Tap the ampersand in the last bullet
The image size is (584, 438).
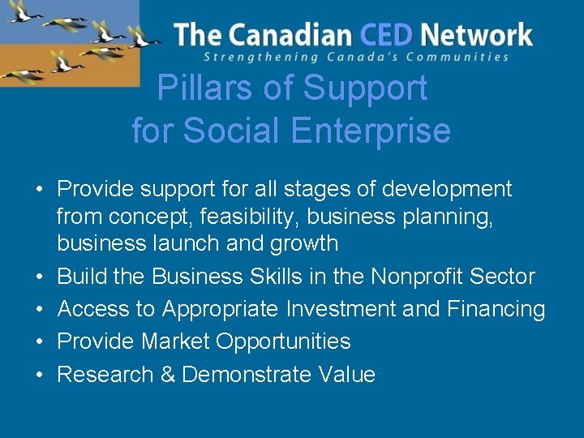coord(167,375)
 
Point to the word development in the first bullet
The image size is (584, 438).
coord(447,190)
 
